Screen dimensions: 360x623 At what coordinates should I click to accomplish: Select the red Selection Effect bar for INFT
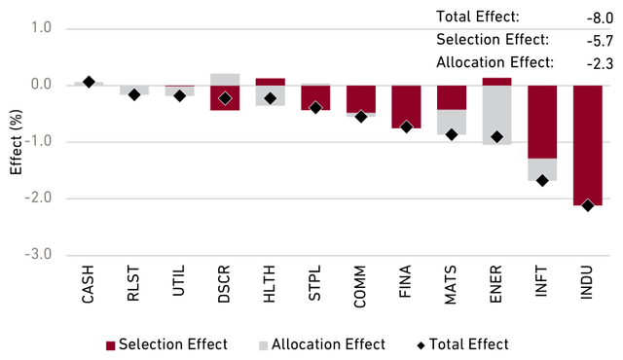542,122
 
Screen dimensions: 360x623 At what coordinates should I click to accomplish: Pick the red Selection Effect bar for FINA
406,106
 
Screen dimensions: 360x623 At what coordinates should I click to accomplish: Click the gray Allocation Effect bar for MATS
451,122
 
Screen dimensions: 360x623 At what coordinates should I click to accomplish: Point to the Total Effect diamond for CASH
89,82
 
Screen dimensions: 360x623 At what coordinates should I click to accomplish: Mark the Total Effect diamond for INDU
587,205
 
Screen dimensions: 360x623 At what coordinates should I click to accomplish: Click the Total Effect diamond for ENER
496,137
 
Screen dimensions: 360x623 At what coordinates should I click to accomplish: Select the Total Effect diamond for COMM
361,117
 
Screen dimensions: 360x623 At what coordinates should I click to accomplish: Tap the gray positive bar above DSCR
225,79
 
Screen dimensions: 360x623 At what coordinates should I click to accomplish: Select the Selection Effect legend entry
166,344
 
